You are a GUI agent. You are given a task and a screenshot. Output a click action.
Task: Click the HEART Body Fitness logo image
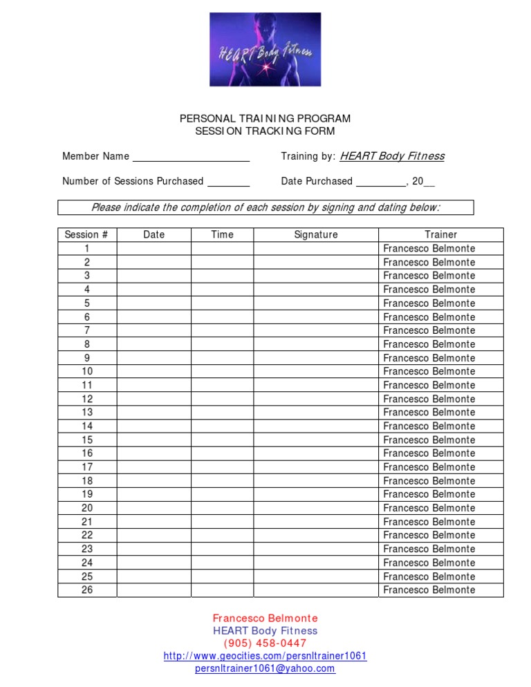[x=265, y=49]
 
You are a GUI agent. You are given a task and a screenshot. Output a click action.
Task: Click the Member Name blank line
[x=191, y=157]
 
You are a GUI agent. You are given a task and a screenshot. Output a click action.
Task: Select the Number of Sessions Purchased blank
[x=228, y=182]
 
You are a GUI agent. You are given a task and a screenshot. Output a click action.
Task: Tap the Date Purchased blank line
[x=380, y=182]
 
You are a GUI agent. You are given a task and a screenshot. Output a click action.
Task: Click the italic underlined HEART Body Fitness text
[x=392, y=156]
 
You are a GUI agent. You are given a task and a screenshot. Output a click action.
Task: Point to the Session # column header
[x=86, y=235]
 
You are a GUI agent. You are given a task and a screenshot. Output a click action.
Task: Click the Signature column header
[x=316, y=235]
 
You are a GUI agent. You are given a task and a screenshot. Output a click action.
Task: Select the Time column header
[x=222, y=235]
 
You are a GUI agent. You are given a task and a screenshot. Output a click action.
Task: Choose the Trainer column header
[x=440, y=235]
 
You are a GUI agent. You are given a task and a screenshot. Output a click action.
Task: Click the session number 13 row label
[x=87, y=413]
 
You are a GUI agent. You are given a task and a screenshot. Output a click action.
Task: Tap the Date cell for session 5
[x=153, y=303]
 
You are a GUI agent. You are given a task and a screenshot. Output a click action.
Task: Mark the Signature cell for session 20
[x=316, y=508]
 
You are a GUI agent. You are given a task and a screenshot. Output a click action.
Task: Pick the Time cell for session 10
[x=222, y=372]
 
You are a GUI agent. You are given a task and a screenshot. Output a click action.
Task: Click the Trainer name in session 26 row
[x=429, y=590]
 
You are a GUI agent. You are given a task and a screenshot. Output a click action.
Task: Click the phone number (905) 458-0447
[x=265, y=643]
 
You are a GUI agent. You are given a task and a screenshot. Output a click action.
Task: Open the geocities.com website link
[x=265, y=656]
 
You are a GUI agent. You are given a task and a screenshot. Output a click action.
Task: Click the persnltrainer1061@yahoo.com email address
[x=265, y=668]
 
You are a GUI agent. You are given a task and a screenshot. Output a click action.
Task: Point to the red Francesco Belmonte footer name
[x=265, y=619]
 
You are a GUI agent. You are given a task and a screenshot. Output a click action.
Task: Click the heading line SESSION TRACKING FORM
[x=265, y=131]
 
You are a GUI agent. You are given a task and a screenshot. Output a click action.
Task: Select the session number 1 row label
[x=87, y=249]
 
